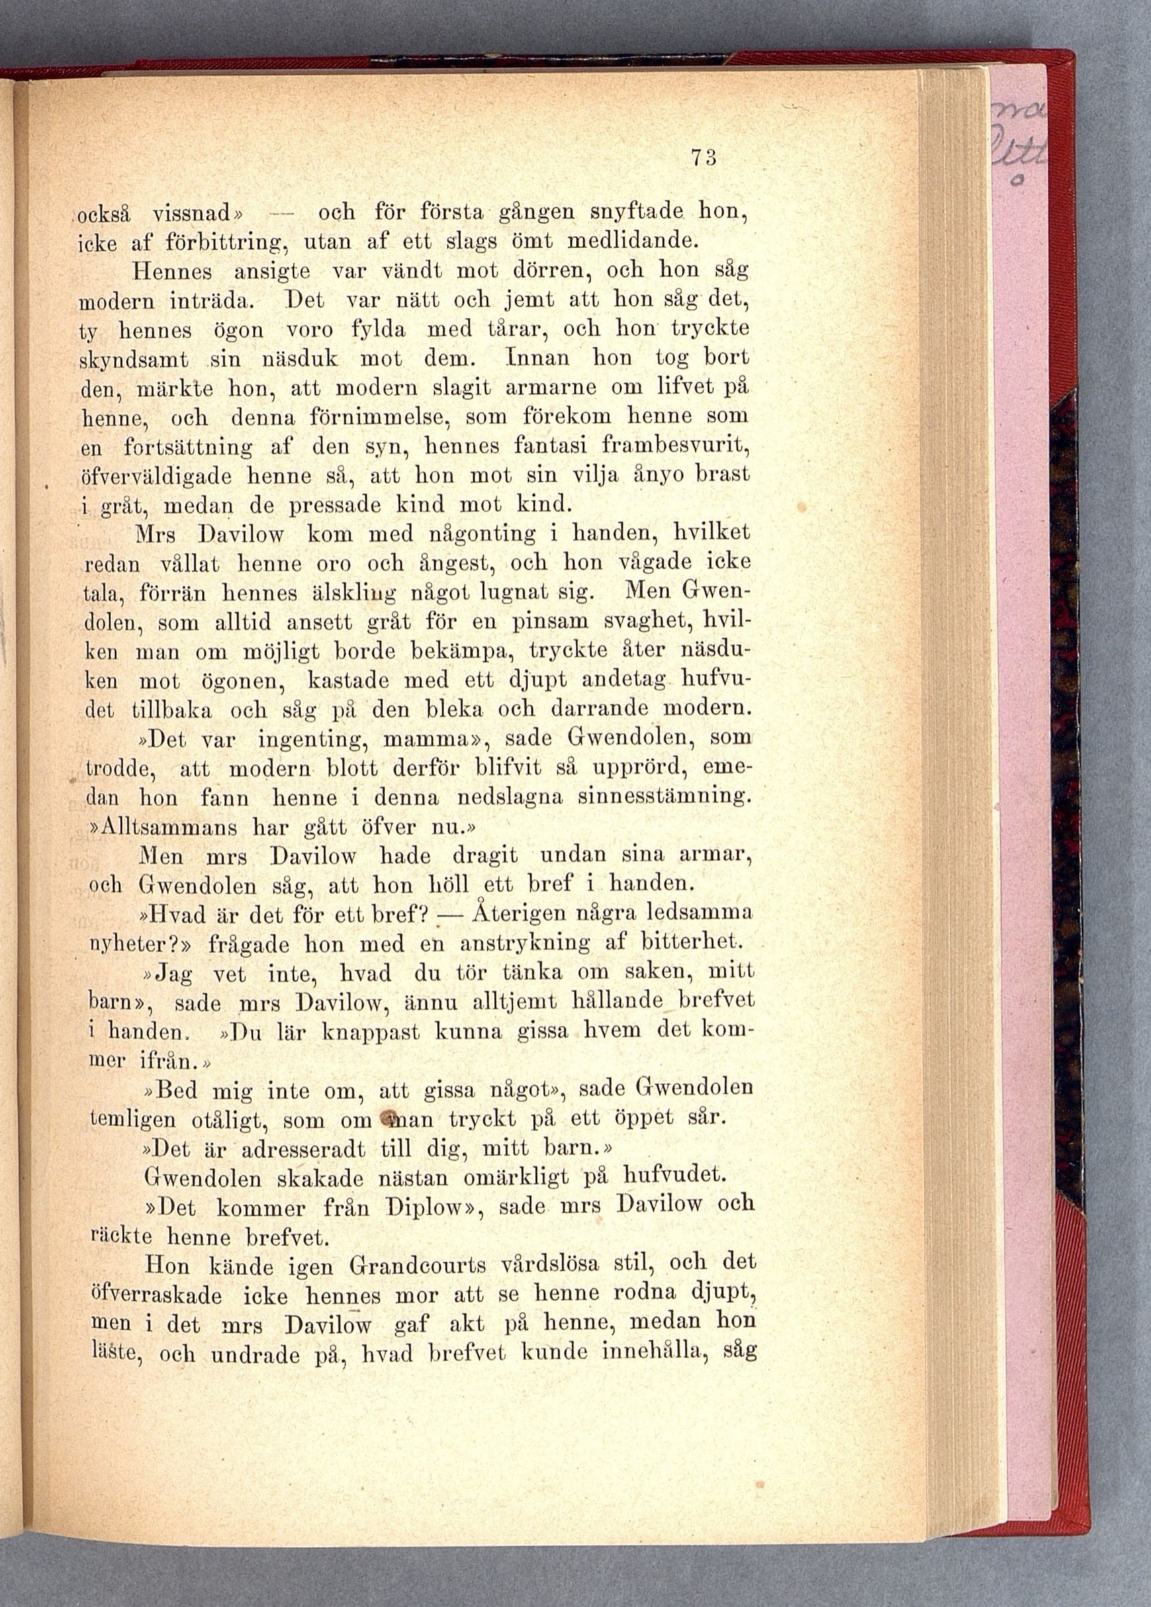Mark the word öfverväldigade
[x=144, y=477]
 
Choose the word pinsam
[x=547, y=622]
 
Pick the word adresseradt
[x=304, y=1147]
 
